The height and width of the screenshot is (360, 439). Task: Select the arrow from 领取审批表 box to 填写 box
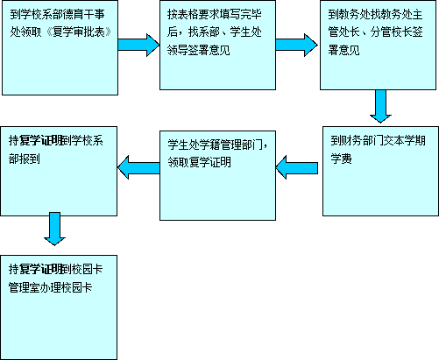pyautogui.click(x=138, y=45)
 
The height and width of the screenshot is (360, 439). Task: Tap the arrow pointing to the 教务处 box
pyautogui.click(x=297, y=45)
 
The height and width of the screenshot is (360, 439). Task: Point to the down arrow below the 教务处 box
pyautogui.click(x=380, y=106)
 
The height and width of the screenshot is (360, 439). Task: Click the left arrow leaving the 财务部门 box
pyautogui.click(x=297, y=167)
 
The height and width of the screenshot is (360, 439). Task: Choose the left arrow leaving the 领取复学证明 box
pyautogui.click(x=138, y=167)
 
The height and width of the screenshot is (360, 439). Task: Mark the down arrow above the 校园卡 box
pyautogui.click(x=54, y=229)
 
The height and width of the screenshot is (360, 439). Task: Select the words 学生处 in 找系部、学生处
pyautogui.click(x=245, y=32)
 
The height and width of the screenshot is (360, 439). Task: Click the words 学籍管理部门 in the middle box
pyautogui.click(x=231, y=145)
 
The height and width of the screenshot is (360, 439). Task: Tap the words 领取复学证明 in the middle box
pyautogui.click(x=200, y=162)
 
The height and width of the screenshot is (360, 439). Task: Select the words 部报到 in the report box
pyautogui.click(x=25, y=159)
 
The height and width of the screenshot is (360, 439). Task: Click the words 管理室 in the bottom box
pyautogui.click(x=25, y=287)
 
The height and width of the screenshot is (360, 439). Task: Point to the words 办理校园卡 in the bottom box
pyautogui.click(x=67, y=287)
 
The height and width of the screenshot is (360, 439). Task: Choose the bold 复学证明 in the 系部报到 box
pyautogui.click(x=41, y=141)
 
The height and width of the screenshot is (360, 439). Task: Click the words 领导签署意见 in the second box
pyautogui.click(x=199, y=50)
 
